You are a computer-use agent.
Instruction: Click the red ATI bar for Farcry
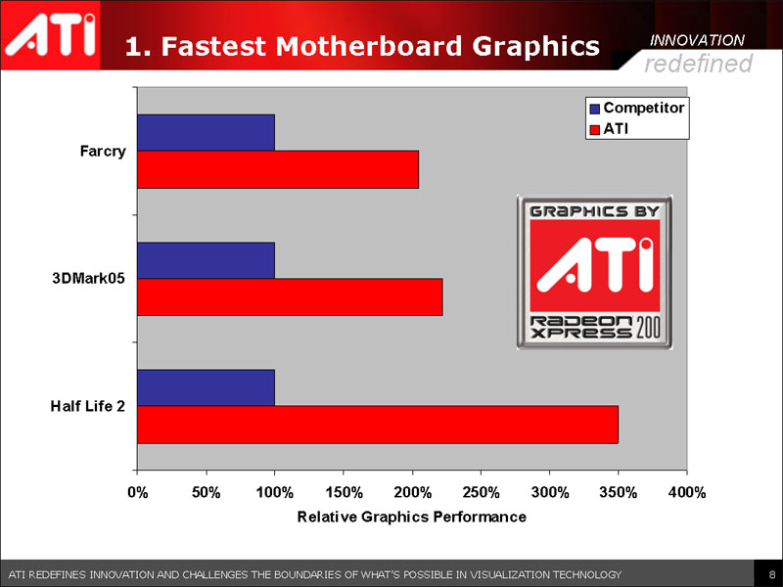click(x=278, y=169)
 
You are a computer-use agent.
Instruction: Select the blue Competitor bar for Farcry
click(x=206, y=133)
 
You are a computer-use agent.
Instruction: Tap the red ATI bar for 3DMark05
click(x=290, y=297)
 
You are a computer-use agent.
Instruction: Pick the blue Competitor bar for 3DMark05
click(x=206, y=260)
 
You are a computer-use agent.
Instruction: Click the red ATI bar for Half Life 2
click(x=378, y=425)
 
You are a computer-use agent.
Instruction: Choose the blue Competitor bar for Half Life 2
click(x=206, y=387)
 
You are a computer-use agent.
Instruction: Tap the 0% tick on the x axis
click(x=137, y=492)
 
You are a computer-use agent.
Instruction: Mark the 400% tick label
click(x=686, y=492)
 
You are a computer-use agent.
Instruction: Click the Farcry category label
click(x=103, y=152)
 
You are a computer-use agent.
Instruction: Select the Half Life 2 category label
click(x=88, y=406)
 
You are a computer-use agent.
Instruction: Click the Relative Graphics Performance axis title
click(x=411, y=517)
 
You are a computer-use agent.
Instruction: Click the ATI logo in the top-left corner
click(x=52, y=34)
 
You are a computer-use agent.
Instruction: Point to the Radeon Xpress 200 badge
click(x=595, y=272)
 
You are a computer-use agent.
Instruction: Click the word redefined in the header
click(x=698, y=64)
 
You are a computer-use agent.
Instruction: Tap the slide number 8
click(x=772, y=573)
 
